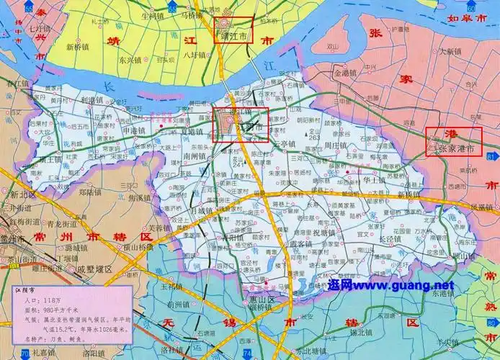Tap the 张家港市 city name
tap(458, 149)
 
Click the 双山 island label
tap(332, 48)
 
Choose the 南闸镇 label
tap(195, 156)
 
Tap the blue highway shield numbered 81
tap(491, 156)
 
